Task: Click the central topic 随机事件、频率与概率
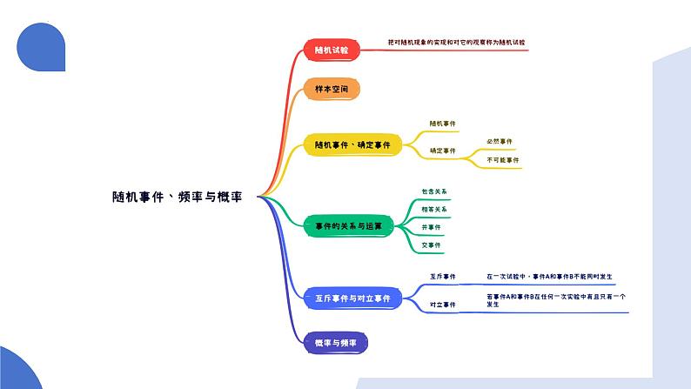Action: pyautogui.click(x=177, y=197)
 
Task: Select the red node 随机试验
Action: pyautogui.click(x=331, y=50)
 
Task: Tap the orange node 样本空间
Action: pyautogui.click(x=331, y=90)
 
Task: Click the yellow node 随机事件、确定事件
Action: pyautogui.click(x=352, y=144)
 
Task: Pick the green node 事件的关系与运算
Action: pyautogui.click(x=348, y=225)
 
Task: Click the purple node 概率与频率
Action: pyautogui.click(x=335, y=343)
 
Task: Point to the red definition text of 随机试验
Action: pyautogui.click(x=456, y=42)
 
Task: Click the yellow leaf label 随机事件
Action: pyautogui.click(x=442, y=124)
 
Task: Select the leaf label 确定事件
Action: pyautogui.click(x=442, y=151)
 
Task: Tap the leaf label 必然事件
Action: pyautogui.click(x=500, y=141)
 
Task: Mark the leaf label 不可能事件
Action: pyautogui.click(x=502, y=160)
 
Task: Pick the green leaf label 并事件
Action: pyautogui.click(x=431, y=227)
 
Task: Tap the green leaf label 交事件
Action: pyautogui.click(x=431, y=245)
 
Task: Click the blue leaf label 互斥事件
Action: pyautogui.click(x=442, y=277)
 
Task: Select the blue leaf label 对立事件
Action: pyautogui.click(x=442, y=305)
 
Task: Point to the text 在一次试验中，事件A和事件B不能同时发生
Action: pyautogui.click(x=550, y=277)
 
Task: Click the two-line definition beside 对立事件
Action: pyautogui.click(x=555, y=300)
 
